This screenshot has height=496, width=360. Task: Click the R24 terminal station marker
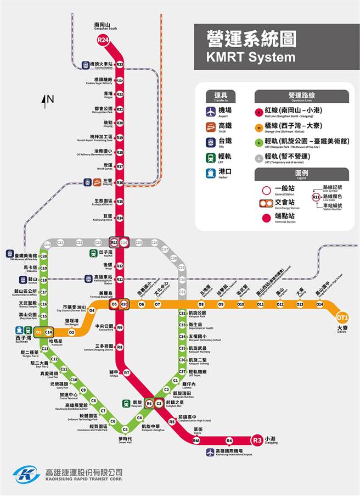[x=103, y=40]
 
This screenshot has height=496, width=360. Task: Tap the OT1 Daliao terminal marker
[x=342, y=317]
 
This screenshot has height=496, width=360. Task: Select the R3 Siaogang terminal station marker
[x=257, y=440]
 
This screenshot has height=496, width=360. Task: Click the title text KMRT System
[x=250, y=57]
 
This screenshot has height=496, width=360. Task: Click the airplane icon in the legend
[x=210, y=112]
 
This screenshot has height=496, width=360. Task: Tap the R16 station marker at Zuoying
[x=120, y=182]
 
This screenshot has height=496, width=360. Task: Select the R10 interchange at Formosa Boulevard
[x=124, y=304]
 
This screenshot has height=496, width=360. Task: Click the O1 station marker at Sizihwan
[x=38, y=332]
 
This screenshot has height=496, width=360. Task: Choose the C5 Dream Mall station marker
[x=125, y=430]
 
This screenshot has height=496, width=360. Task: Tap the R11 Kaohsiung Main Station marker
[x=120, y=280]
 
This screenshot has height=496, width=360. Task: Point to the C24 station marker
[x=124, y=242]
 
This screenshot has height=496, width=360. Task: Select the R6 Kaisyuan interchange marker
[x=149, y=404]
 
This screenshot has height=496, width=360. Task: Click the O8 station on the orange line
[x=201, y=304]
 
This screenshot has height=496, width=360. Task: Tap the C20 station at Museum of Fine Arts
[x=43, y=256]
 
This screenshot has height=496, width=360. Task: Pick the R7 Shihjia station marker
[x=126, y=373]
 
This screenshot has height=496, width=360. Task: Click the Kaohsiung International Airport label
[x=229, y=453]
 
